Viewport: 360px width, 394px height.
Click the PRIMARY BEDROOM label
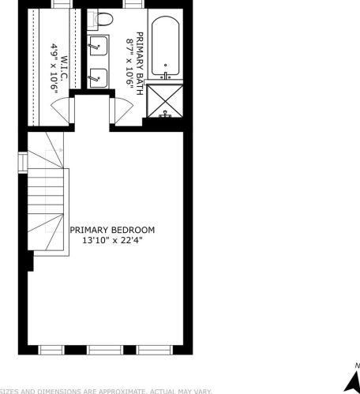click(x=112, y=230)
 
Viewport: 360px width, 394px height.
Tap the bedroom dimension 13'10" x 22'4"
click(x=112, y=241)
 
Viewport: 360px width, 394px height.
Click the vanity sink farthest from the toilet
click(x=98, y=77)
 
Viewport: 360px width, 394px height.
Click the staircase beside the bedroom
click(x=47, y=201)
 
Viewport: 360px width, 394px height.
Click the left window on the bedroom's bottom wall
click(x=52, y=349)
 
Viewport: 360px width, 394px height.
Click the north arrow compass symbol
click(x=351, y=379)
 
